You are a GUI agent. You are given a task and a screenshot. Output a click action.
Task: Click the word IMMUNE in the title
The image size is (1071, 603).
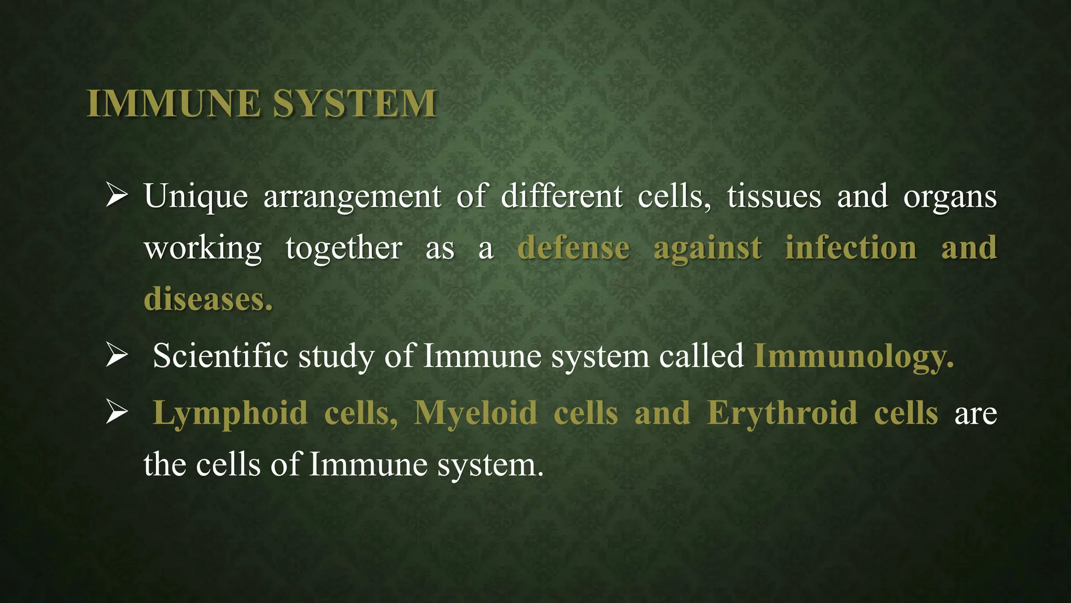[174, 104]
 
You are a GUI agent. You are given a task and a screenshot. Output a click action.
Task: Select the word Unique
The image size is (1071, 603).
[196, 197]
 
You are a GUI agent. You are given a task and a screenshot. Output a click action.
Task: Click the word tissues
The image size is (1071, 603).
[774, 197]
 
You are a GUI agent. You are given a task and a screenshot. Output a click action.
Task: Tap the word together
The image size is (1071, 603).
[344, 248]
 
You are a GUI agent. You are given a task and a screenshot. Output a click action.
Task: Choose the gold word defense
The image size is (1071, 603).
[573, 248]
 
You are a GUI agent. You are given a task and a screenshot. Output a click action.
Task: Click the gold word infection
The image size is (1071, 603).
[851, 248]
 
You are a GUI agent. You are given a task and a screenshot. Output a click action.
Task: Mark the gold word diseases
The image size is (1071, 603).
[208, 299]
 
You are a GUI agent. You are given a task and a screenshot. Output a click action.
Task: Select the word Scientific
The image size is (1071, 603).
[220, 356]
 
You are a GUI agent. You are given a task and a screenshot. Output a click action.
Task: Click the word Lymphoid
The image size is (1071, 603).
[230, 414]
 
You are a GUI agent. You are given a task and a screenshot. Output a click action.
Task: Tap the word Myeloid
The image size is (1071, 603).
[475, 414]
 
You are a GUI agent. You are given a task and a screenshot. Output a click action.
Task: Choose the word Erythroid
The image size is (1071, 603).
[782, 414]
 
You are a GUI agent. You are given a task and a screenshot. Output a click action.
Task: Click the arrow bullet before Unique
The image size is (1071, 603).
[116, 195]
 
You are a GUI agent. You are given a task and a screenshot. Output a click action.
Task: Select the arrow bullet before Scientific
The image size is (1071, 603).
[116, 355]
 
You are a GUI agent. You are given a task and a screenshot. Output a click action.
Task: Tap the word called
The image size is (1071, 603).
[701, 356]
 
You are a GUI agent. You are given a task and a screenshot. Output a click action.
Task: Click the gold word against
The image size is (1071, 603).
[707, 249]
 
